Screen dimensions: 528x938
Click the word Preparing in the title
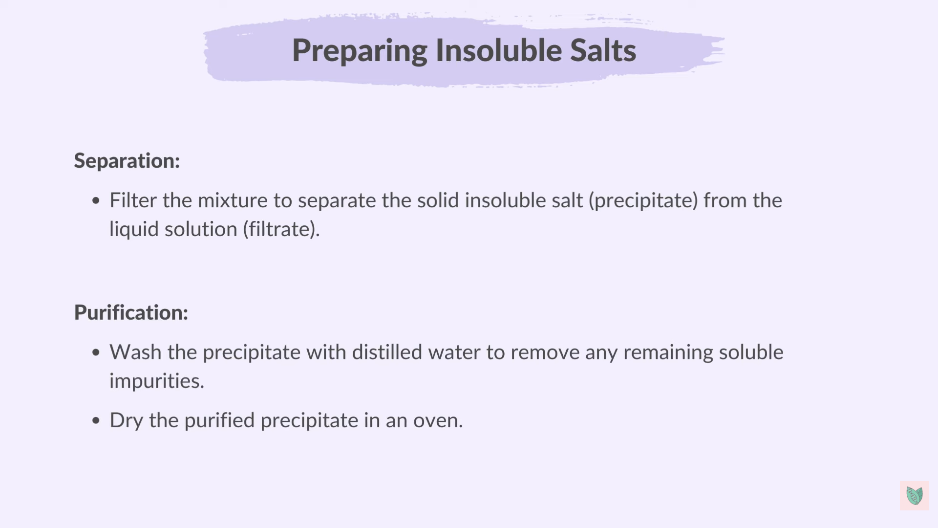359,50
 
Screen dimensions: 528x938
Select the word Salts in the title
603,50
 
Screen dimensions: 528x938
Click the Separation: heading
127,161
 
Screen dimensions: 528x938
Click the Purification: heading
131,312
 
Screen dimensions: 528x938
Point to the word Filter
133,200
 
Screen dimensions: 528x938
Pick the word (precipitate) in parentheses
643,201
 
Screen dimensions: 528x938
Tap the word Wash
135,352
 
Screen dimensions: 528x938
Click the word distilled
387,352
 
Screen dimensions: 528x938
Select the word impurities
156,381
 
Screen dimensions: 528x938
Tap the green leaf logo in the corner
914,496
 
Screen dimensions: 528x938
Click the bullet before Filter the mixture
96,200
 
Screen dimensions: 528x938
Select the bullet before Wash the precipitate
96,352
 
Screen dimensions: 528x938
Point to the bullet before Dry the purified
96,420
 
